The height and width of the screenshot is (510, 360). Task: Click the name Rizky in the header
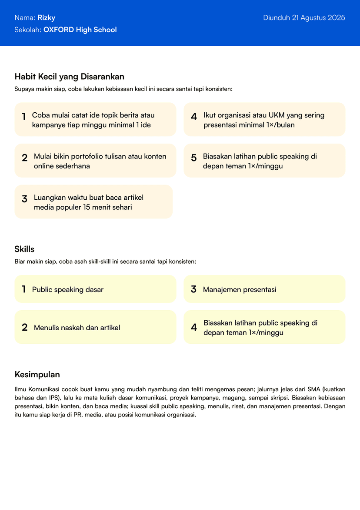click(x=47, y=18)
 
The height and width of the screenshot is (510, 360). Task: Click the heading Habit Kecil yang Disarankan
click(x=70, y=77)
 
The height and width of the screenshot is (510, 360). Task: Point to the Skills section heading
click(x=24, y=249)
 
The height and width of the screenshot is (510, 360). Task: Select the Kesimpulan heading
click(x=37, y=375)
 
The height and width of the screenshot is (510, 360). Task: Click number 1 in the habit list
click(x=23, y=117)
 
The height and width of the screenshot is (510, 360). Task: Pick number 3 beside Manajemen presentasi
click(x=194, y=289)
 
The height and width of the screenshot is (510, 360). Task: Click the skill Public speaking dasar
click(x=68, y=289)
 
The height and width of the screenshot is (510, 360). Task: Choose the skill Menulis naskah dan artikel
click(x=77, y=328)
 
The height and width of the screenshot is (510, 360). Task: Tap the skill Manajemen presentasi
click(x=240, y=289)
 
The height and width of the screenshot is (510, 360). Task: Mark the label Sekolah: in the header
click(x=28, y=30)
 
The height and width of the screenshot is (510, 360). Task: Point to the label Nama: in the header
click(x=25, y=18)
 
